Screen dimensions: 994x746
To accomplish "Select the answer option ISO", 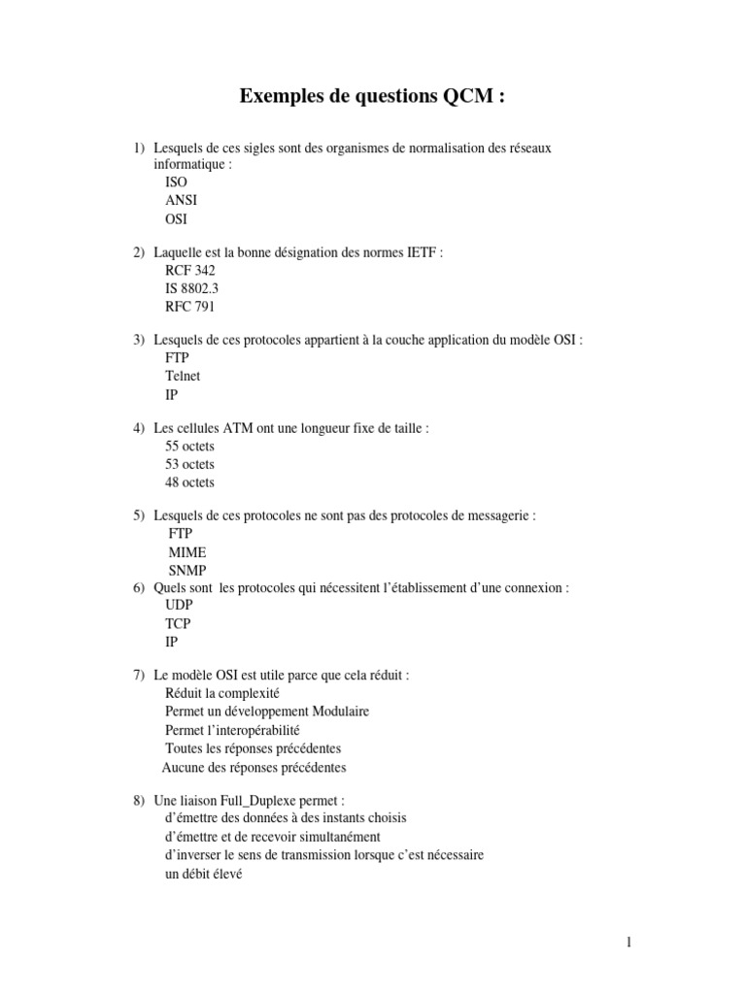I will [176, 182].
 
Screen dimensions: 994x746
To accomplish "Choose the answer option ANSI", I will [181, 200].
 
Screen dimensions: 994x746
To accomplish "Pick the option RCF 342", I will [190, 271].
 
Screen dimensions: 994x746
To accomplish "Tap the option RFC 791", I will [190, 307].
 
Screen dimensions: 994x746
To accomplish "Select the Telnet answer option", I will [183, 377].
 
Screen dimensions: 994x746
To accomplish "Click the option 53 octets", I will [190, 464].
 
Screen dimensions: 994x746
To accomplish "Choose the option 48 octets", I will [190, 482].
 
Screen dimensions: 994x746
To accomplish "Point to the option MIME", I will [187, 552].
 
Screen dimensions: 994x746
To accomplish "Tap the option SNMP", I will [187, 570].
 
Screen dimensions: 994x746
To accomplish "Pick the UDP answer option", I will [180, 605].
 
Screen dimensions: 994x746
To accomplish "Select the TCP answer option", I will [178, 623].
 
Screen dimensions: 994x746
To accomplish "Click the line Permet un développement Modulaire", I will [267, 712].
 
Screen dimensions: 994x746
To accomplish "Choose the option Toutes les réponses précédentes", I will [253, 748].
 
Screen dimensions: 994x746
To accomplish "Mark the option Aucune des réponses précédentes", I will [254, 767].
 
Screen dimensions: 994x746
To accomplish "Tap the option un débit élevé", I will [203, 873].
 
